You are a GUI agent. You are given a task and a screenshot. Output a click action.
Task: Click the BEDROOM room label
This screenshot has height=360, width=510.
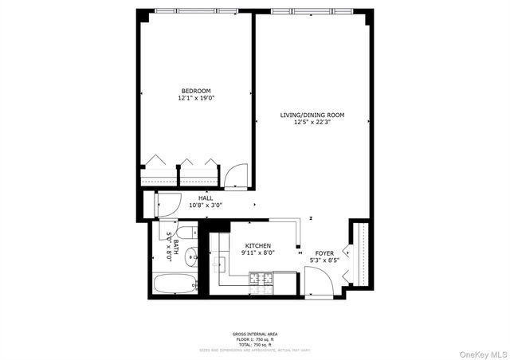click(x=194, y=91)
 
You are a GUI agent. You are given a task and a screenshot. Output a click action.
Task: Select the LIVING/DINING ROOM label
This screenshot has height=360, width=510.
click(x=312, y=115)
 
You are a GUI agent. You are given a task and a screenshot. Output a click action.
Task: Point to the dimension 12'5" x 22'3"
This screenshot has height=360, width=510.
click(x=312, y=123)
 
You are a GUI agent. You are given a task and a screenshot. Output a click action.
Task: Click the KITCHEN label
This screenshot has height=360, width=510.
click(x=257, y=245)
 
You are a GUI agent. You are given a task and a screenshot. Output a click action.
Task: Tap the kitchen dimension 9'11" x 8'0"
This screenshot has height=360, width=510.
click(x=257, y=253)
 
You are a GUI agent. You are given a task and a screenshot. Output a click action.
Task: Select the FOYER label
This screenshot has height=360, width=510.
click(x=324, y=252)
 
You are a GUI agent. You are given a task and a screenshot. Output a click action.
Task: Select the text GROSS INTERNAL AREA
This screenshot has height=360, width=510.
click(x=255, y=334)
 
